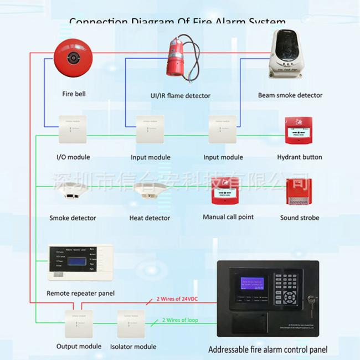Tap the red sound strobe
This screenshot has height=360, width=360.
pyautogui.click(x=300, y=192)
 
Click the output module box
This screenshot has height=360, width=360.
pyautogui.click(x=79, y=324)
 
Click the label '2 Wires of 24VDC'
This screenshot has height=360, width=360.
pyautogui.click(x=177, y=300)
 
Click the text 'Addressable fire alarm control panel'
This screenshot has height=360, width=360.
pyautogui.click(x=268, y=349)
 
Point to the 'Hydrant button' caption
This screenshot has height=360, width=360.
pyautogui.click(x=300, y=157)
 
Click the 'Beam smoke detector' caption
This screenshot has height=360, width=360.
pyautogui.click(x=290, y=95)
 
